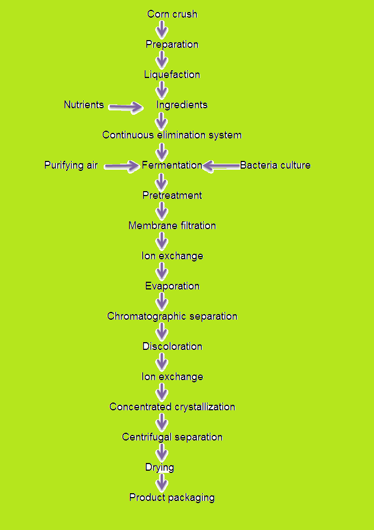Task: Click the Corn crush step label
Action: click(172, 14)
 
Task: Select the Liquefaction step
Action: click(172, 75)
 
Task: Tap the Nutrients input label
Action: click(84, 105)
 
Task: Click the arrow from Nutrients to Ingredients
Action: click(125, 107)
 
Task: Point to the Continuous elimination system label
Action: click(172, 135)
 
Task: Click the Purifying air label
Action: click(71, 165)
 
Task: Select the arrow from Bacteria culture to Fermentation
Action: click(221, 165)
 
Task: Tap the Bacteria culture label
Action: click(275, 165)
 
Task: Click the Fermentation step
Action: click(172, 165)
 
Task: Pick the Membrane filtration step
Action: click(172, 226)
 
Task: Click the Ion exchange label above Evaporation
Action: click(172, 256)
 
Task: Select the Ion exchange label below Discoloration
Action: click(172, 377)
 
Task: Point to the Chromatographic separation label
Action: click(172, 316)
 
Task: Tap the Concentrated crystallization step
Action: click(172, 407)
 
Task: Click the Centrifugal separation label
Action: click(172, 437)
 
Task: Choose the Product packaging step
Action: click(172, 498)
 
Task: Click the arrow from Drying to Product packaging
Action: click(162, 482)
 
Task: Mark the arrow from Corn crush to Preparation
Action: click(162, 30)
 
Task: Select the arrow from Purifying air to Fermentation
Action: click(121, 165)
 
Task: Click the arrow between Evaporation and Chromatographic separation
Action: click(162, 301)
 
